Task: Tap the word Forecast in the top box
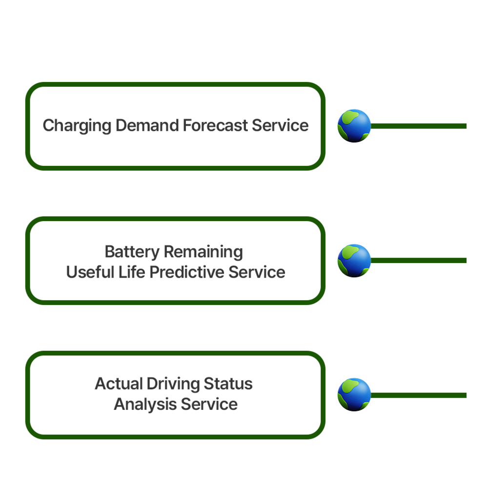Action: pyautogui.click(x=215, y=126)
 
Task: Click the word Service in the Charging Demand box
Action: pyautogui.click(x=280, y=126)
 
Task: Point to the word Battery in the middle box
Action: pyautogui.click(x=132, y=252)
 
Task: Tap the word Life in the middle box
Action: pyautogui.click(x=132, y=272)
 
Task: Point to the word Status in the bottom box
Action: pyautogui.click(x=228, y=384)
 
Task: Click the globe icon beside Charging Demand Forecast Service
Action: pyautogui.click(x=354, y=126)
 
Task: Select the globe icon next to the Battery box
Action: pyautogui.click(x=354, y=261)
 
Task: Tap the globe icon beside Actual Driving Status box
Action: pyautogui.click(x=354, y=394)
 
